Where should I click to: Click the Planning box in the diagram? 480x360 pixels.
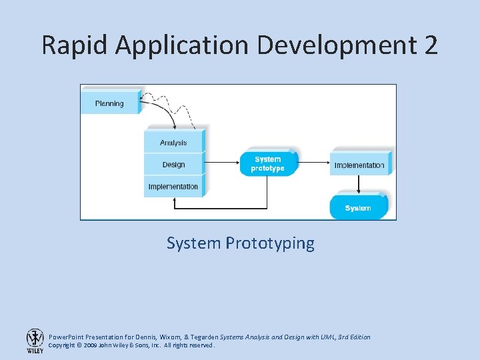click(x=109, y=103)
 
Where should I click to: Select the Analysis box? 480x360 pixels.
click(x=173, y=143)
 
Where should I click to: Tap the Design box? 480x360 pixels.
click(x=173, y=165)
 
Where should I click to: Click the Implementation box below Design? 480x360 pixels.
click(x=173, y=187)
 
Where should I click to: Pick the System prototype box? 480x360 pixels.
click(x=268, y=164)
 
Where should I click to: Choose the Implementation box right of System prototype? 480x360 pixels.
click(x=359, y=165)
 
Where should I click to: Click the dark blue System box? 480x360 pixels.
click(x=358, y=208)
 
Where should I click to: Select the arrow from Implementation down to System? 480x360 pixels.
click(x=359, y=183)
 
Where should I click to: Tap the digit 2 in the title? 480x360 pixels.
click(x=430, y=45)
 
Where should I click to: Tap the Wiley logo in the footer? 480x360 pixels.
click(x=35, y=341)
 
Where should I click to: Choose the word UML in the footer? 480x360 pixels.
click(x=327, y=337)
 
